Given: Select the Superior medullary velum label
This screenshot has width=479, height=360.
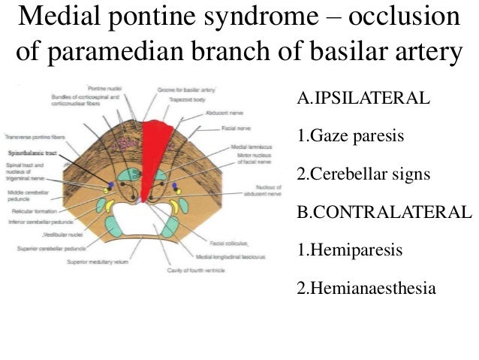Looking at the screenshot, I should click(99, 262).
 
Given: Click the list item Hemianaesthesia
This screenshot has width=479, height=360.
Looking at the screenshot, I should click(366, 288).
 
